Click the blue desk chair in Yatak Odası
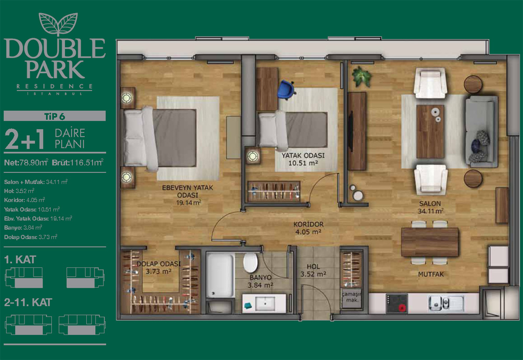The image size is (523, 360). (x=286, y=89)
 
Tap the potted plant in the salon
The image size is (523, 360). (x=361, y=76)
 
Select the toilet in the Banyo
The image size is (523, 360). (x=250, y=262)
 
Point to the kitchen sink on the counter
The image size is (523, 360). (x=446, y=303)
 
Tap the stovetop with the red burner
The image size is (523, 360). (x=397, y=303)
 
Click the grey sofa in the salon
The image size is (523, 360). (x=482, y=131)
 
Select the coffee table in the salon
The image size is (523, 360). (x=430, y=131)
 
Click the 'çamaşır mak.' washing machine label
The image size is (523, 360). (x=351, y=297)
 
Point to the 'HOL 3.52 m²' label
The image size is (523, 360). (x=313, y=271)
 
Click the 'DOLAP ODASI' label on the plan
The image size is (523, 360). (x=158, y=264)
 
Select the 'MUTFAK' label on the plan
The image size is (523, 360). (x=431, y=274)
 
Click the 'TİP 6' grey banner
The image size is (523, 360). (x=55, y=116)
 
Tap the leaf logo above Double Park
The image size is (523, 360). (x=59, y=24)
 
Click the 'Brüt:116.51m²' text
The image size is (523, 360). (x=78, y=163)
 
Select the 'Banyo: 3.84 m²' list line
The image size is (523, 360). (x=23, y=228)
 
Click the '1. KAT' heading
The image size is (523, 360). (x=20, y=260)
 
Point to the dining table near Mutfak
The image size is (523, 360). (x=429, y=242)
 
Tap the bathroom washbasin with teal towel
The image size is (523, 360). (x=264, y=303)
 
